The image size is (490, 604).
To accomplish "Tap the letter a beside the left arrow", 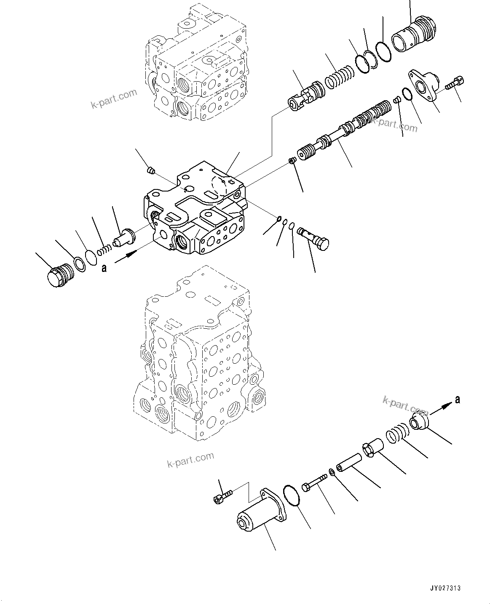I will [x=104, y=268].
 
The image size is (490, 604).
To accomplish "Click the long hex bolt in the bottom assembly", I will [x=314, y=482].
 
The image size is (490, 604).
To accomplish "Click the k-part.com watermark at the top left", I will [x=114, y=98].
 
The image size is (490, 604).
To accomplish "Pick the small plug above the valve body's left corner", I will [x=151, y=170].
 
